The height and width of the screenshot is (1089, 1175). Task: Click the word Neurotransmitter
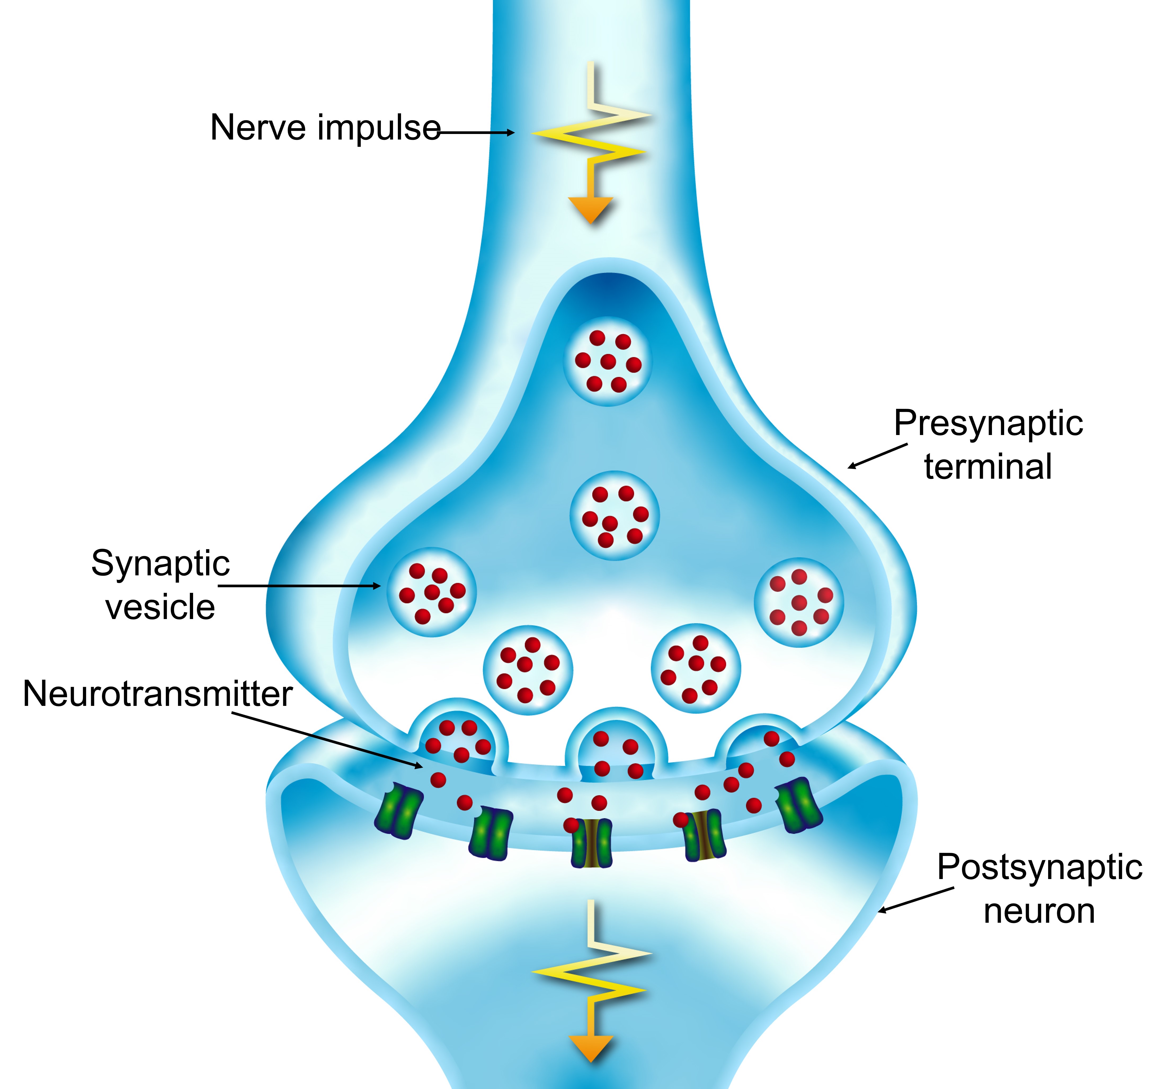[157, 694]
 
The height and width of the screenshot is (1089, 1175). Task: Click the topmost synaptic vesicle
[608, 361]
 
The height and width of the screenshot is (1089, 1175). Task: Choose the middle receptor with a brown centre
[591, 843]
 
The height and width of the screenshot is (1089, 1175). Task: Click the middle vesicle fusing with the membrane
[616, 749]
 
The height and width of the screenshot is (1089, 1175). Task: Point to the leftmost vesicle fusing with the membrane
[458, 740]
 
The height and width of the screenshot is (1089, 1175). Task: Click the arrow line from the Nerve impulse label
[475, 133]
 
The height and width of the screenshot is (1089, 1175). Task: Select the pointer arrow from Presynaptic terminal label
[877, 457]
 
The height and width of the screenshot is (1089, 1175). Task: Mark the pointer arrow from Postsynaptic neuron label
[916, 900]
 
